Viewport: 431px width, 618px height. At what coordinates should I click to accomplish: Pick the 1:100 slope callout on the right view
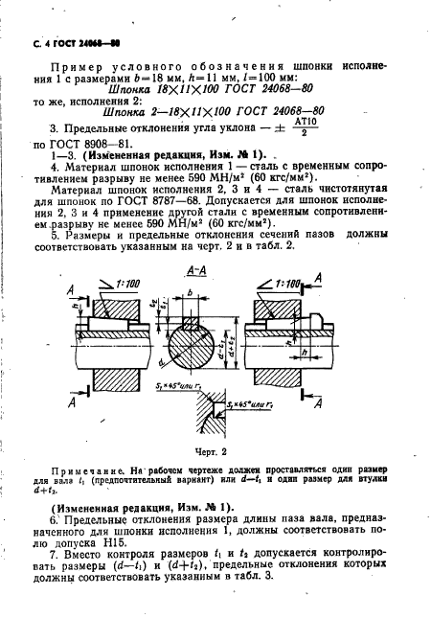[x=284, y=285]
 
